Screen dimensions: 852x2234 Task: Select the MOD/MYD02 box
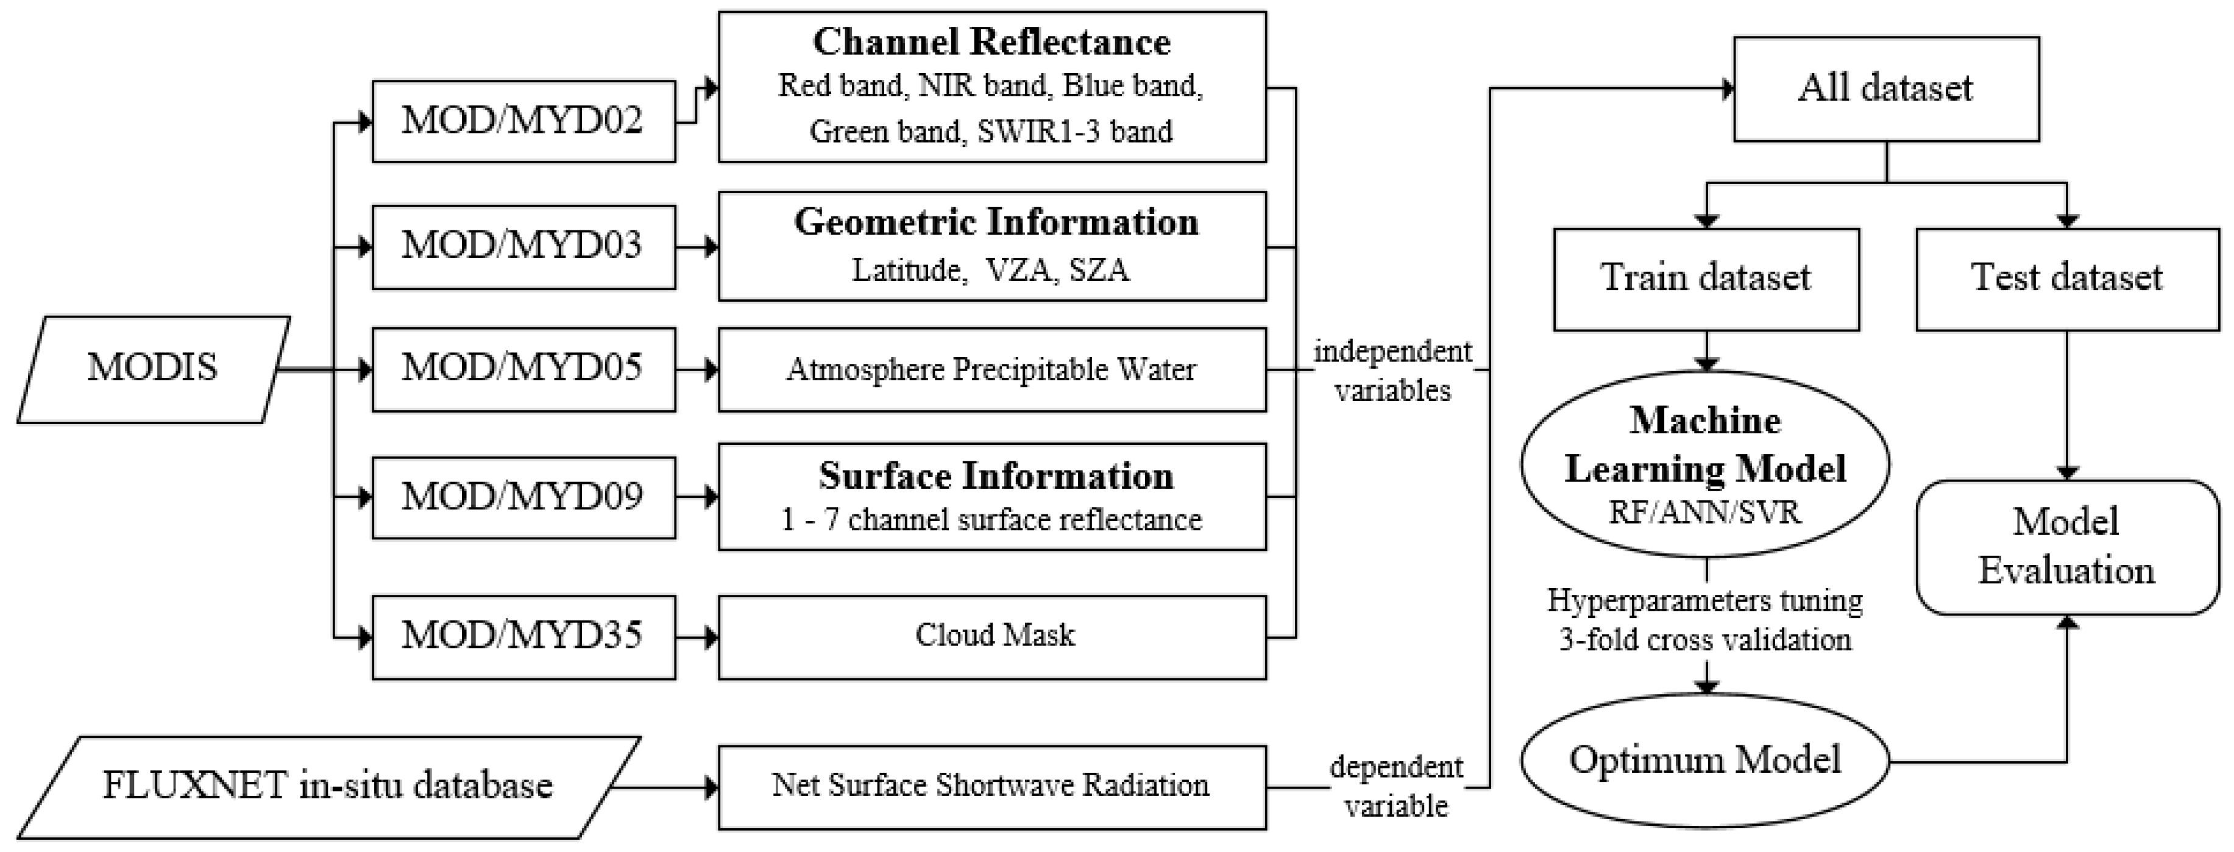pos(523,121)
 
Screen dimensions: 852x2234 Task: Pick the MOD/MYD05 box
pos(523,369)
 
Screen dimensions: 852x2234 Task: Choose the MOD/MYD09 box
pos(523,497)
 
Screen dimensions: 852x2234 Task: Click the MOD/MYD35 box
pos(523,637)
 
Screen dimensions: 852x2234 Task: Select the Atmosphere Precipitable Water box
pos(991,369)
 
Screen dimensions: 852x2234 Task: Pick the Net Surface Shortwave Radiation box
pos(991,787)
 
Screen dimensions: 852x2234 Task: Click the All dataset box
pos(1885,88)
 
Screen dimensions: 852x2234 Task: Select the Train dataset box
pos(1706,279)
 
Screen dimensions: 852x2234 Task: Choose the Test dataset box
pos(2066,279)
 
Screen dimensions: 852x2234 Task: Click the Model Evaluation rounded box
pos(2066,547)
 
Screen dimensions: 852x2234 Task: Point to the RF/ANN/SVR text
pos(1705,513)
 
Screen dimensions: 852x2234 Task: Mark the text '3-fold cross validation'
pos(1705,641)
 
